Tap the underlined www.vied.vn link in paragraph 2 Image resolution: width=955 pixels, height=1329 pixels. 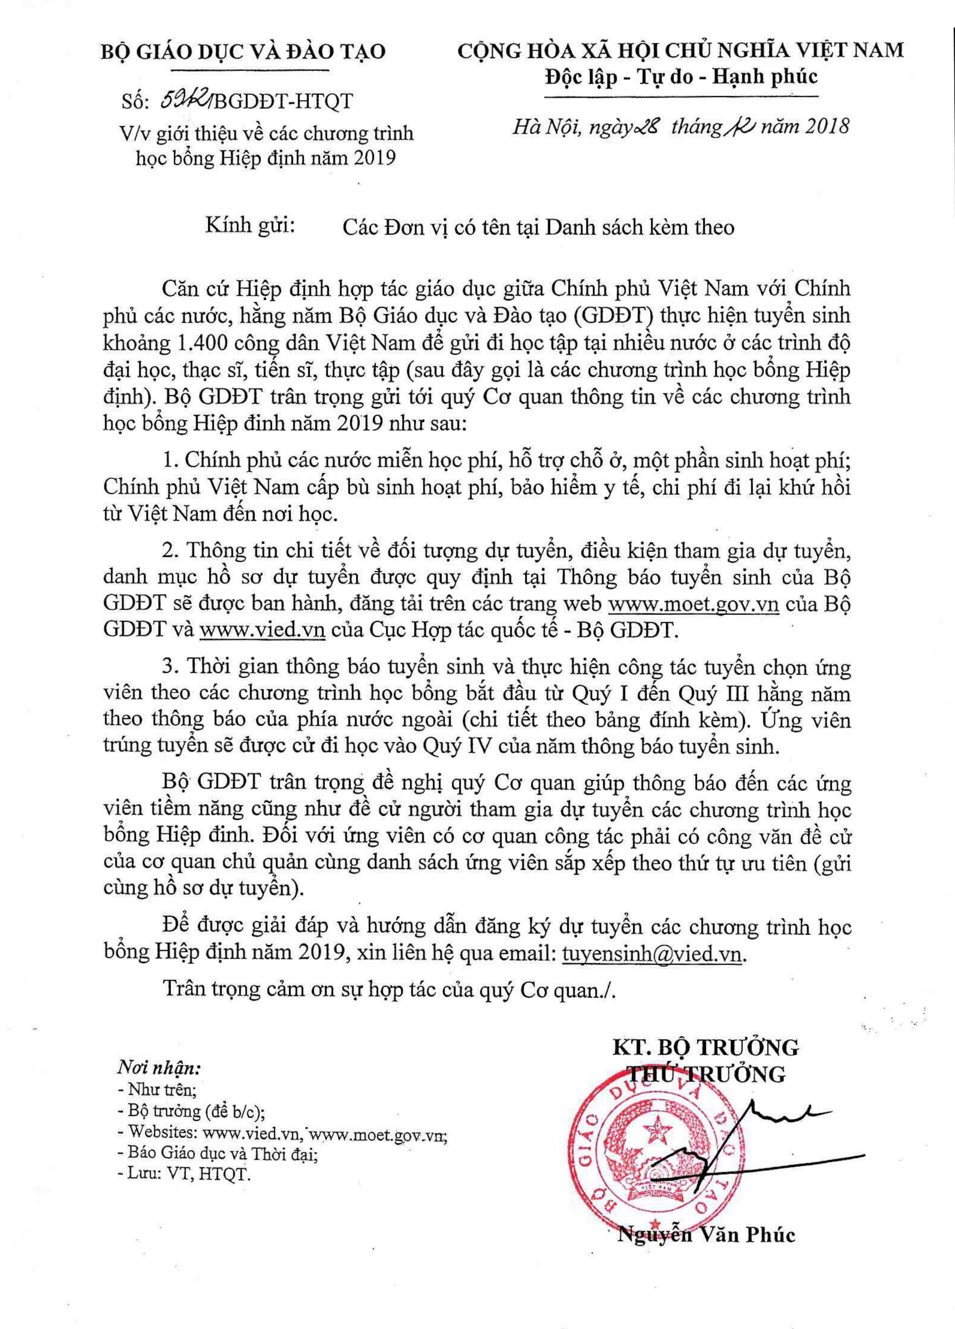click(263, 630)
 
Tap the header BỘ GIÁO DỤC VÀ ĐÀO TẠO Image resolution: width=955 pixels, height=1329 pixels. click(244, 52)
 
